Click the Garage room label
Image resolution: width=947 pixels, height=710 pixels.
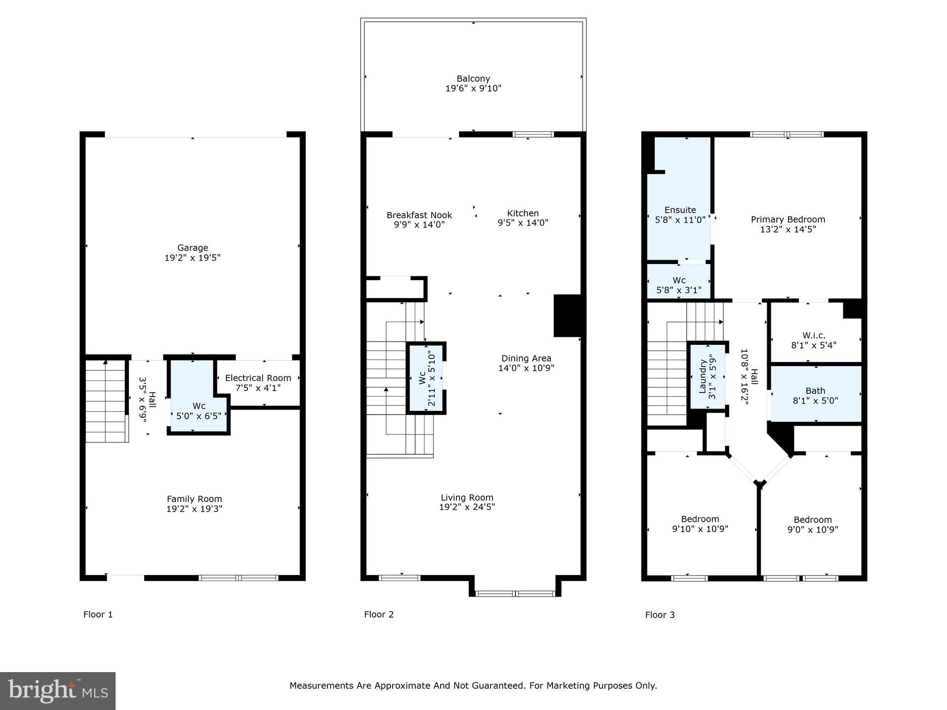coord(192,248)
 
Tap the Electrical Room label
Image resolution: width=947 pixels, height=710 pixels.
coord(258,378)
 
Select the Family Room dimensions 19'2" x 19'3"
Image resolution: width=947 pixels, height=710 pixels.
coord(194,509)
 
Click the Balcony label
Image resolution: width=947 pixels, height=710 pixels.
coord(473,79)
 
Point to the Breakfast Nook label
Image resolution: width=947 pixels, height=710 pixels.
coord(419,215)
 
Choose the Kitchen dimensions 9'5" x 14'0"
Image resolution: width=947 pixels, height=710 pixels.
coord(523,223)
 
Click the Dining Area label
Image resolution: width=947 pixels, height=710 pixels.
coord(526,359)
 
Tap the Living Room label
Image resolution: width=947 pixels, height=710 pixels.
coord(467,498)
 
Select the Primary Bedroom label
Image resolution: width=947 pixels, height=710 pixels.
coord(788,220)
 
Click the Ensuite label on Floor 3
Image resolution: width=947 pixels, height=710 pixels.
coord(680,210)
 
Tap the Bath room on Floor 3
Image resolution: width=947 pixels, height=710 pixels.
coord(816,394)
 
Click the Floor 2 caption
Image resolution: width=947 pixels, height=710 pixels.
coord(379,614)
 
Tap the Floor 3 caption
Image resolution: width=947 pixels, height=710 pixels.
coord(660,615)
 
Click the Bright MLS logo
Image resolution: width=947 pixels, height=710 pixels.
coord(58,691)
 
